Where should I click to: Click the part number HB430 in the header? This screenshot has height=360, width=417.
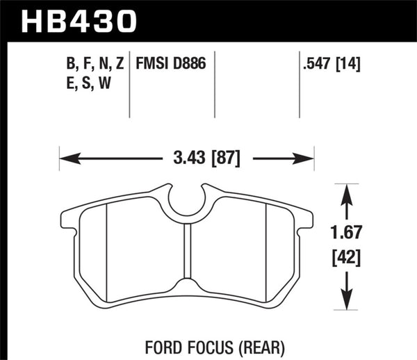[76, 20]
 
